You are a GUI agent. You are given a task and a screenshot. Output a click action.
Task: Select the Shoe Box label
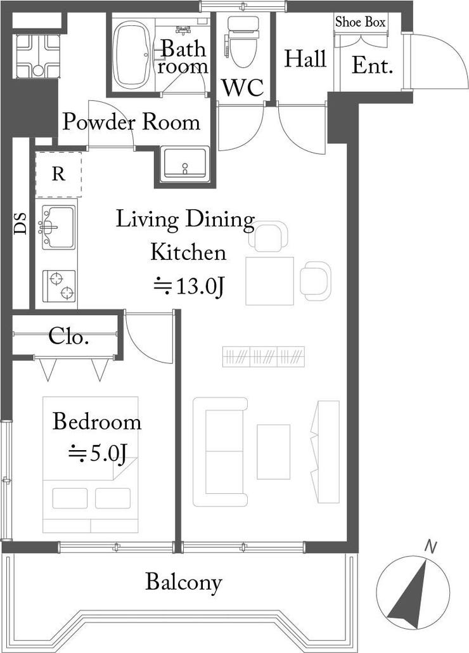pyautogui.click(x=361, y=22)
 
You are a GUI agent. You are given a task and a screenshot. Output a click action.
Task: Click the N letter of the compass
pyautogui.click(x=431, y=546)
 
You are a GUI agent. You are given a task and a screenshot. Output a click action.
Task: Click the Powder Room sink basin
pyautogui.click(x=185, y=164)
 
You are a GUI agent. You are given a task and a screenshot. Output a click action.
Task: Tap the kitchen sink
pyautogui.click(x=58, y=228)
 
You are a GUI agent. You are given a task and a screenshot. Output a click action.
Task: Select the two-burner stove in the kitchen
pyautogui.click(x=60, y=286)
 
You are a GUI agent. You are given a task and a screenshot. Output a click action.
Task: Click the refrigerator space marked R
pyautogui.click(x=58, y=174)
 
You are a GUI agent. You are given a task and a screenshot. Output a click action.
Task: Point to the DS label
pyautogui.click(x=20, y=223)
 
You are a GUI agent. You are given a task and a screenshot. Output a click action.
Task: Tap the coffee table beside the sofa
pyautogui.click(x=273, y=452)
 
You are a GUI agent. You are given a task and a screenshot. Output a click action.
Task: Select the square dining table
pyautogui.click(x=269, y=281)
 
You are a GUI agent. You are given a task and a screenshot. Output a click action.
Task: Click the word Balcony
pyautogui.click(x=184, y=583)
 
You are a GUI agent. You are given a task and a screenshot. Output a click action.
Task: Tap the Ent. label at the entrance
pyautogui.click(x=373, y=66)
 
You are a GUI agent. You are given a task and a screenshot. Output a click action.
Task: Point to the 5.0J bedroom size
pyautogui.click(x=98, y=455)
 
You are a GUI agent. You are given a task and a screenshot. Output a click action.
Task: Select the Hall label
pyautogui.click(x=305, y=58)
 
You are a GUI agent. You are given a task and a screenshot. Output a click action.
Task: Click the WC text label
pyautogui.click(x=243, y=88)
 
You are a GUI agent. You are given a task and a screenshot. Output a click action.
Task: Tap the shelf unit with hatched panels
pyautogui.click(x=264, y=356)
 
